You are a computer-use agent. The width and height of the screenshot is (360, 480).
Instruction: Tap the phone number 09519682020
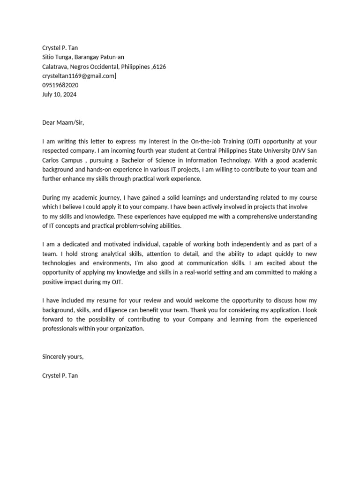click(60, 85)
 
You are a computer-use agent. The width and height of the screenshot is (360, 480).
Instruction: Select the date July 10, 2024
click(59, 94)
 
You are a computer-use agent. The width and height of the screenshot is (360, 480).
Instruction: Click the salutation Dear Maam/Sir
click(63, 122)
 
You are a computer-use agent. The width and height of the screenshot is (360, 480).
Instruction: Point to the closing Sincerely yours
click(63, 357)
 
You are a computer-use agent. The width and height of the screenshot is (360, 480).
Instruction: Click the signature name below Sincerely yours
click(60, 375)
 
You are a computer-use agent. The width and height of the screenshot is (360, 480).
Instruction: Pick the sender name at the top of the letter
click(60, 48)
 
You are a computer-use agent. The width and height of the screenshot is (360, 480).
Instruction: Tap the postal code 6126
click(159, 67)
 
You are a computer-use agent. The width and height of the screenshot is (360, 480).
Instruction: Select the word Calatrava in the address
click(55, 67)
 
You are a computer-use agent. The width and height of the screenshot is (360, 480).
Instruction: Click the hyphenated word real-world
click(236, 272)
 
